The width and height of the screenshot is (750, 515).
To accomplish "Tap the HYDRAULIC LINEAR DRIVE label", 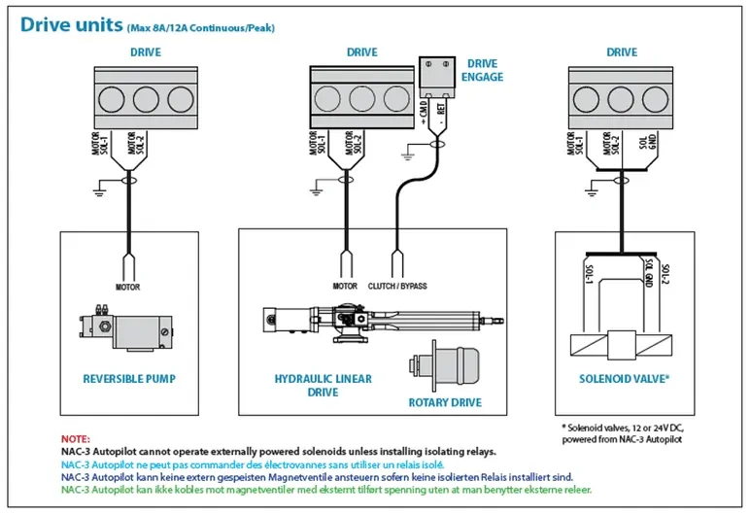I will coord(324,385).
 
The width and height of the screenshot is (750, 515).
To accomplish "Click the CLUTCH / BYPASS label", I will coord(397,287).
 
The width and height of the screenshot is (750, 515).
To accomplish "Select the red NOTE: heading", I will coord(75,439).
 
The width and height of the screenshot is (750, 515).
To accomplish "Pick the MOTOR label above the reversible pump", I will coord(128,287).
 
